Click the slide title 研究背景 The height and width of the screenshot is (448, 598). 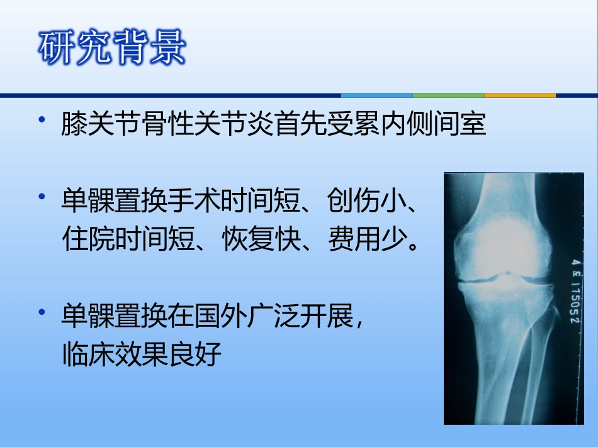[112, 47]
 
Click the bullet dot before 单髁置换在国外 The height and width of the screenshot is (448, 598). [42, 312]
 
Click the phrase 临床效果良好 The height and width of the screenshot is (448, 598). [142, 355]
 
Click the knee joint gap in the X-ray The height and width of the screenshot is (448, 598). [504, 278]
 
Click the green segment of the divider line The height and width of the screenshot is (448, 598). [448, 96]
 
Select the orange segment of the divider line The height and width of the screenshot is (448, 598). [520, 96]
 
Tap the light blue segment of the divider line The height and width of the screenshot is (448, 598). [376, 96]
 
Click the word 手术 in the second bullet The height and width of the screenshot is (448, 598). [195, 202]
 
